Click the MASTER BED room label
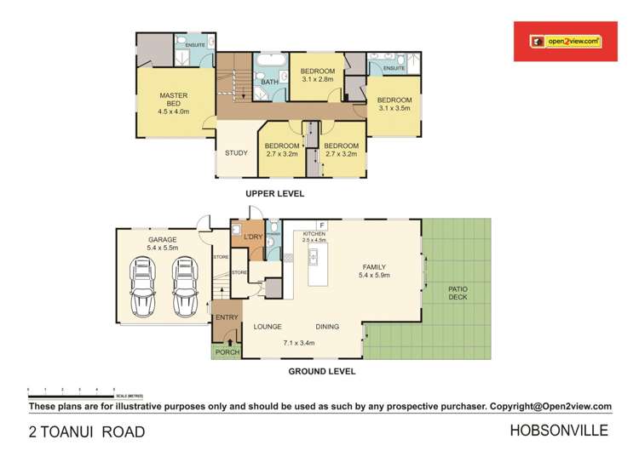coord(173,103)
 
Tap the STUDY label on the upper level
coord(236,153)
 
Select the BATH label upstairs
coord(269,83)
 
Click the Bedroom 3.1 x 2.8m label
coord(319,75)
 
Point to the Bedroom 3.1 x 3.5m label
coord(394,104)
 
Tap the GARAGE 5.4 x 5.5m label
coord(162,244)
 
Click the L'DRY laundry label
coord(252,236)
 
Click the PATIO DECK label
coord(458,294)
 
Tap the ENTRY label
coord(227,317)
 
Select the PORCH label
coord(226,351)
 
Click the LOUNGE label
coord(268,326)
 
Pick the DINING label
coord(328,326)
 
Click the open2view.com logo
coord(564,40)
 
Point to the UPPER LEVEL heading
coord(274,194)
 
